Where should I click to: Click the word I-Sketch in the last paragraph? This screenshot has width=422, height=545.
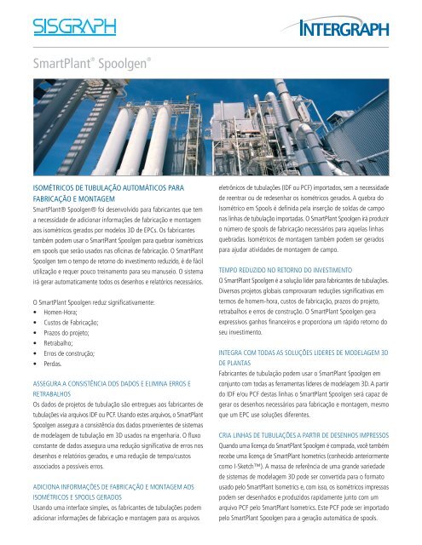(257, 470)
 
